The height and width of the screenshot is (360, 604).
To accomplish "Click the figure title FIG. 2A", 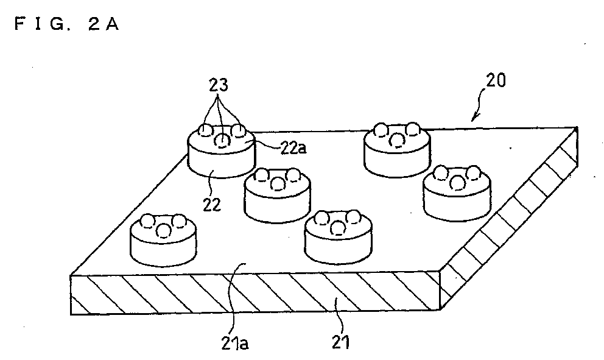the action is point(66,24).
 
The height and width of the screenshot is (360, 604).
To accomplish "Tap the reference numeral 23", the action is point(219,85).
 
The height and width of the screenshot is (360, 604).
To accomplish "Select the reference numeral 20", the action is point(496,80).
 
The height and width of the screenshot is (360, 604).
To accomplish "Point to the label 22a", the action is point(293,149).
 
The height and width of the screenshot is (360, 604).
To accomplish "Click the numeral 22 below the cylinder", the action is point(212,204).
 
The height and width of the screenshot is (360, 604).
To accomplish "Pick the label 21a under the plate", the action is point(235,343).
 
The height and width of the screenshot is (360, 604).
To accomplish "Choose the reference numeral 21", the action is point(341,342).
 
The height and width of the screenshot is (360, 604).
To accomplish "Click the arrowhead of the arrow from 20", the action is point(474,117).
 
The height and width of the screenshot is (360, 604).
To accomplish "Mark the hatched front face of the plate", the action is point(255,293).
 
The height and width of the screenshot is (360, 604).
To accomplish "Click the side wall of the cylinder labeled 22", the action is point(221,164).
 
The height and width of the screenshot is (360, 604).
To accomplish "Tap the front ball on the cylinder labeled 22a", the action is point(222,141).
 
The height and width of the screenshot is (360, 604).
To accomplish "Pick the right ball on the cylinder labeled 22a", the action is point(238,130).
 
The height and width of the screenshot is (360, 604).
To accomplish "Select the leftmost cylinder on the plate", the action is point(163,240).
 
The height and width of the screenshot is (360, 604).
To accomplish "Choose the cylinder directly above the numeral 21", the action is point(338,238).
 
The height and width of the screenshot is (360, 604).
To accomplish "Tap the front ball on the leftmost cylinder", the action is point(164,231).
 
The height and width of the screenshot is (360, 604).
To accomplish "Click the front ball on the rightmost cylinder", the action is point(457,182).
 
